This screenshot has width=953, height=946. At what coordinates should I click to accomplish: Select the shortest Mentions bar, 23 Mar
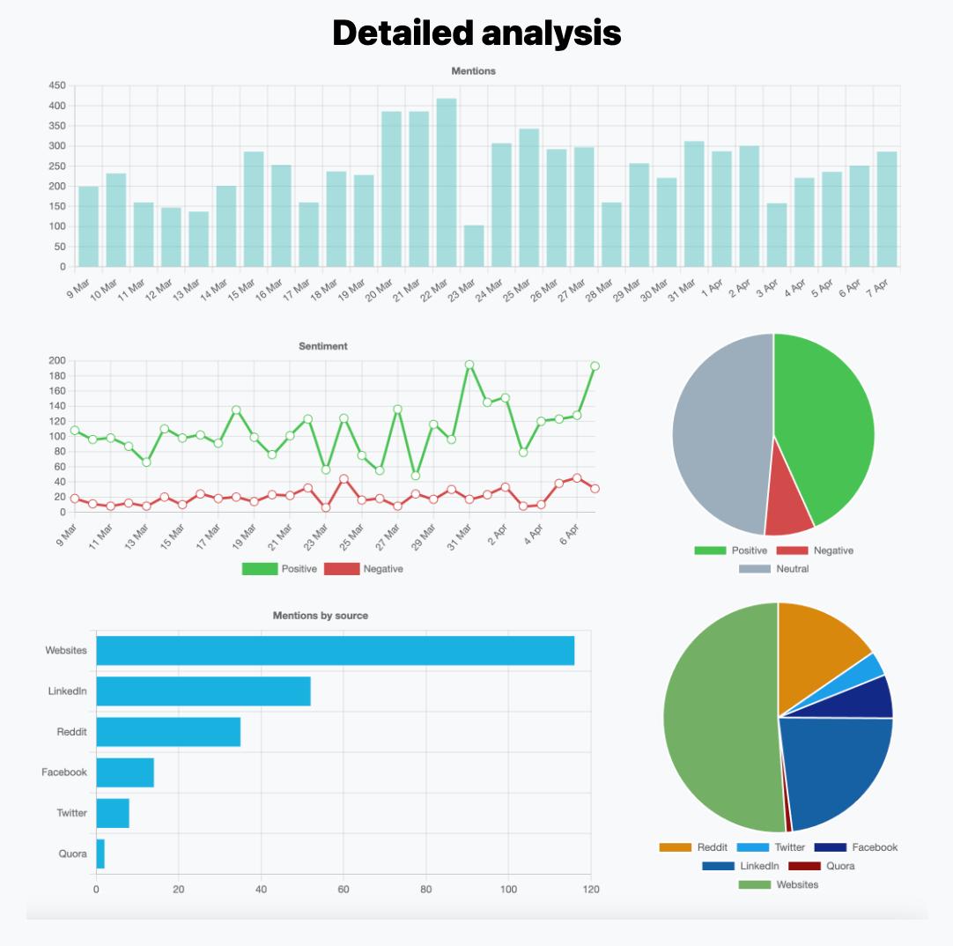[474, 247]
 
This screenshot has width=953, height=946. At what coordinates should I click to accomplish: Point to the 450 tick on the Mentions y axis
[56, 85]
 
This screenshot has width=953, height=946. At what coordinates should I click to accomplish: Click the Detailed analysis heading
[476, 33]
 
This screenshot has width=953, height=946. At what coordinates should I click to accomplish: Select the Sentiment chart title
[323, 346]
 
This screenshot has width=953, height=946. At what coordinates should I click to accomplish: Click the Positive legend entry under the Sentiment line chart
[279, 569]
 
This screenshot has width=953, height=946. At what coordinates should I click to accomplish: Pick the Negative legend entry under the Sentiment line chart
[364, 569]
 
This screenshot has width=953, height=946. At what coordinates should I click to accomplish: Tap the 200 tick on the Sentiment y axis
[57, 360]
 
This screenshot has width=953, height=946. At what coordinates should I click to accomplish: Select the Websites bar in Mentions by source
[335, 651]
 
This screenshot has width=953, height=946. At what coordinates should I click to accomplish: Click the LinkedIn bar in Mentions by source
[203, 691]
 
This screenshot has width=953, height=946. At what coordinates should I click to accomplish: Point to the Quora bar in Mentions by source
[100, 854]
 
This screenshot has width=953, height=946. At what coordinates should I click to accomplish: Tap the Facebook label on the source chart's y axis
[64, 772]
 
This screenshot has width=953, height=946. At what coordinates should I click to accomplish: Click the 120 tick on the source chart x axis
[591, 890]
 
